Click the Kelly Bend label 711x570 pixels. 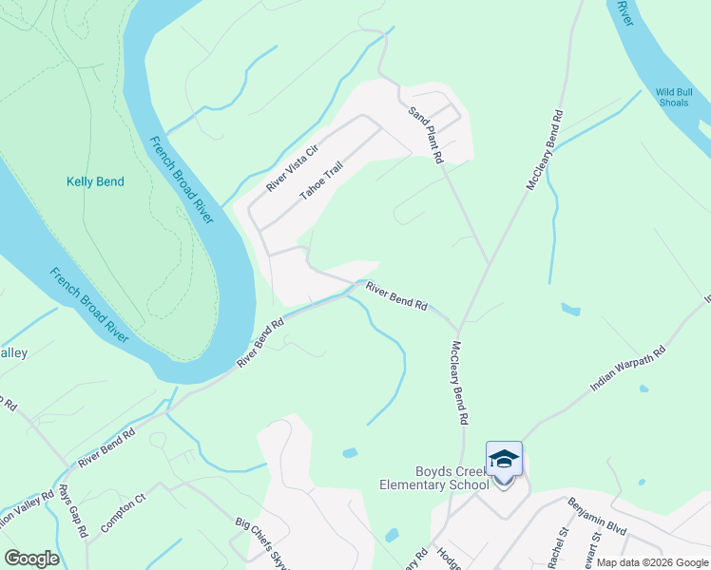(95, 181)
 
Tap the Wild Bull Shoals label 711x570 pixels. (679, 98)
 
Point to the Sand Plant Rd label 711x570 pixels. (426, 136)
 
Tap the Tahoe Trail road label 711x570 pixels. (320, 180)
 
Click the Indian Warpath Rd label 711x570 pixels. (627, 369)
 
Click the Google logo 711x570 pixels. (31, 559)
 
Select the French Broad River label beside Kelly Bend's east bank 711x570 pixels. (182, 181)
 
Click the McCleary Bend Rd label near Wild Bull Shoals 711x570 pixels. (546, 150)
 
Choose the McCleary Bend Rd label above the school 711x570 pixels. (460, 382)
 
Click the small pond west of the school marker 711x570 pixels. (350, 453)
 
